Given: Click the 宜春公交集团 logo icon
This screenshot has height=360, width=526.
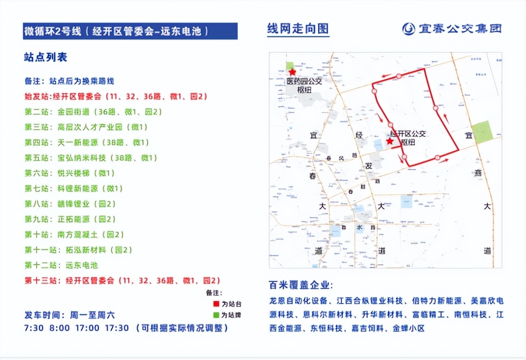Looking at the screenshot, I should click(x=408, y=28).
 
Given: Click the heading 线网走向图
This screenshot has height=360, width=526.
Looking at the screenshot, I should click(x=298, y=28).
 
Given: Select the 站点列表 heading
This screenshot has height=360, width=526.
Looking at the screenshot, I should click(x=46, y=57).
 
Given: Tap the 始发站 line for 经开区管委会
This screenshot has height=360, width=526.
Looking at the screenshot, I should click(x=116, y=96).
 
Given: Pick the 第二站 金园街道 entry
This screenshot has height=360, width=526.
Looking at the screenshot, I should click(x=93, y=112).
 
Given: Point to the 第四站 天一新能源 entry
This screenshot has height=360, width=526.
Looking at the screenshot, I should click(x=87, y=142).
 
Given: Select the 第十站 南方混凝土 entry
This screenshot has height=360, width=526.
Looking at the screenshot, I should click(x=74, y=235).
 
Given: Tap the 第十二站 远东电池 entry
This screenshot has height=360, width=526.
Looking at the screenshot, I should click(x=61, y=265).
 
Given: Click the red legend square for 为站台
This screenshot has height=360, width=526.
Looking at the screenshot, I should click(x=216, y=303).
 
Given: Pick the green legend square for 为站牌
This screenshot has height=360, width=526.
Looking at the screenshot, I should click(x=216, y=315).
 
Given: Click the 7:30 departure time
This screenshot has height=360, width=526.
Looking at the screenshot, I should click(x=34, y=328).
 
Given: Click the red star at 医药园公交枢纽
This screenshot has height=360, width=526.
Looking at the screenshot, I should click(x=292, y=72).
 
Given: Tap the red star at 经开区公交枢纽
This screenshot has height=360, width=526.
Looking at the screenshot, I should click(x=390, y=141).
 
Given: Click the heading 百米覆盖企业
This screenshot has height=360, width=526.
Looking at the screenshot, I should click(x=301, y=285).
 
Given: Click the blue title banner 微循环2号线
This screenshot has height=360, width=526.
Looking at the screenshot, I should click(x=130, y=31).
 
